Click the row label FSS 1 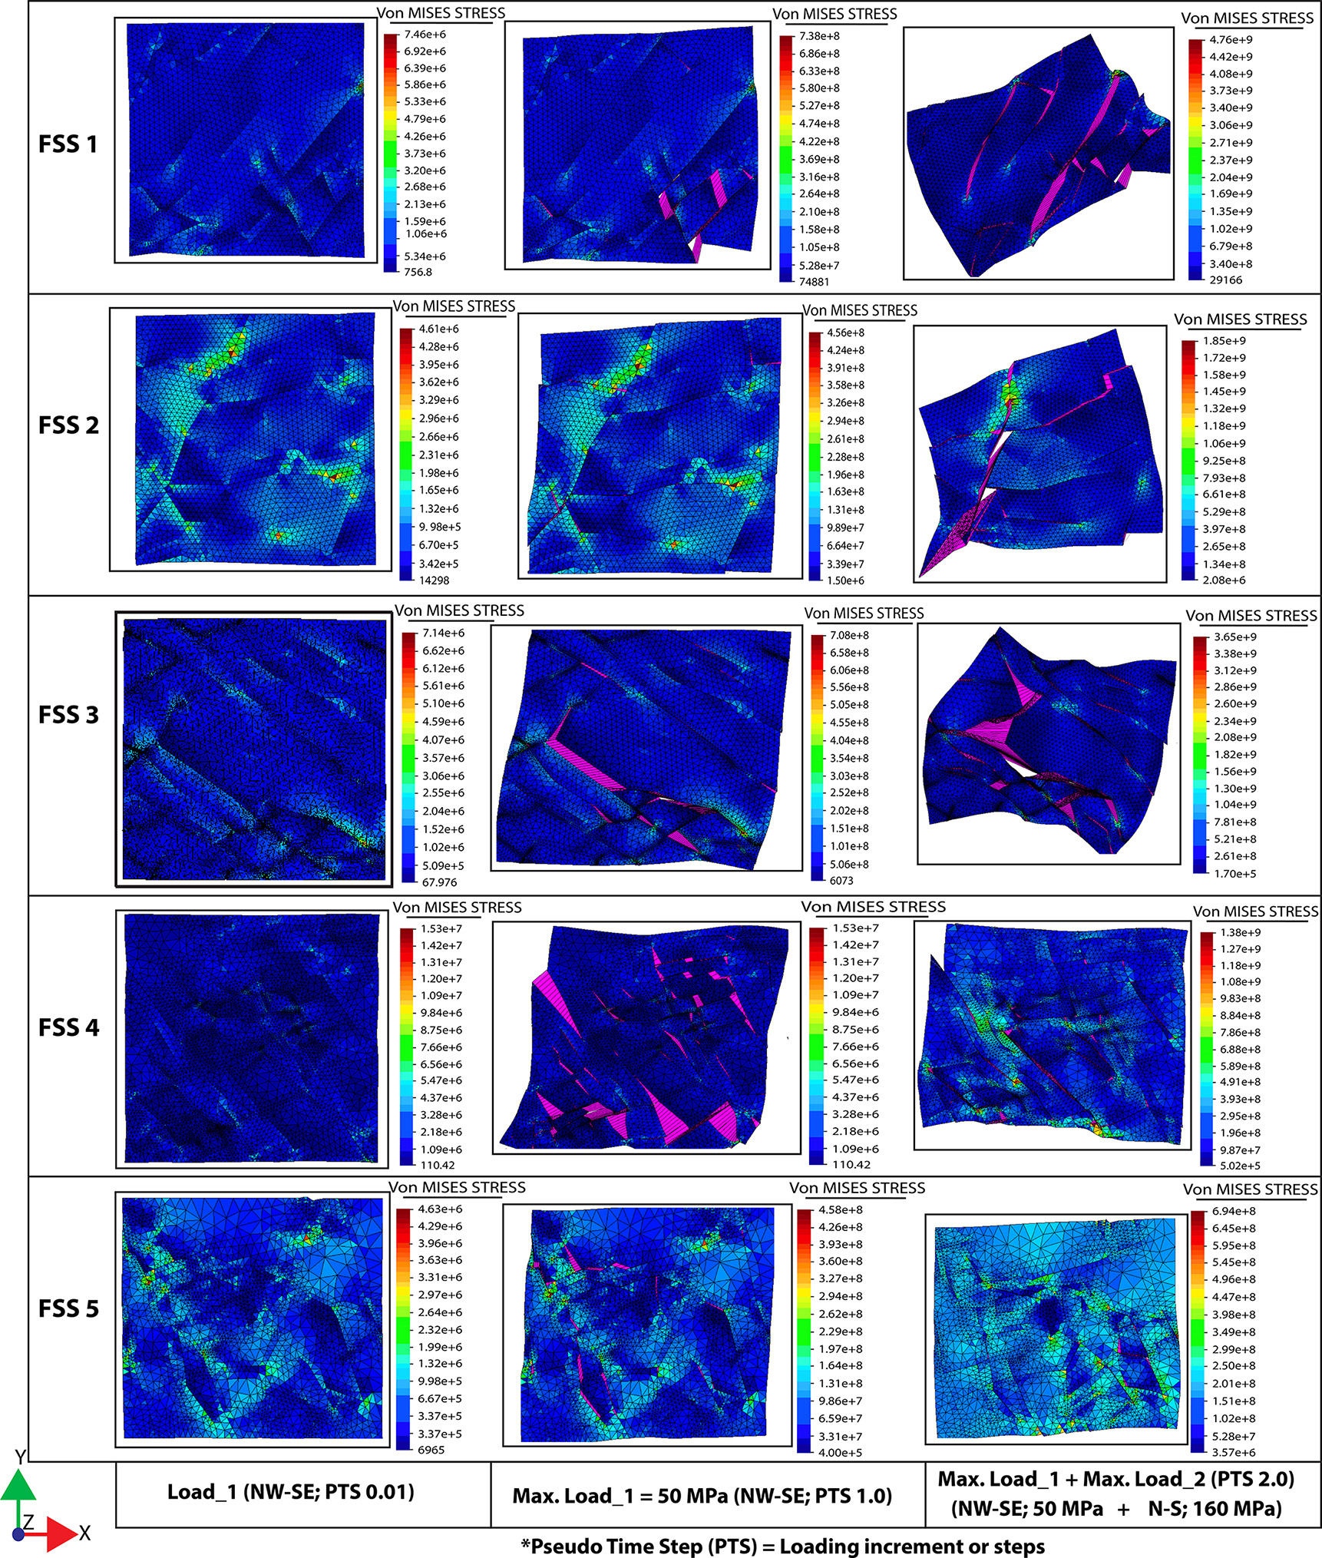pos(68,144)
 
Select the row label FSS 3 pos(68,715)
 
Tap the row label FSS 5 pos(68,1308)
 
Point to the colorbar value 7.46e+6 pos(425,35)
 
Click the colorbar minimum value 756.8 pos(418,272)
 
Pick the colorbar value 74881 pos(814,282)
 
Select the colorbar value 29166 pos(1225,280)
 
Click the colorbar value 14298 pos(434,581)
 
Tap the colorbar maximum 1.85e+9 pos(1224,341)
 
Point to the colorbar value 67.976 pos(439,882)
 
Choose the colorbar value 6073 pos(841,881)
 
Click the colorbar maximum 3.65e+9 pos(1235,637)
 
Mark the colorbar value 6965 pos(431,1450)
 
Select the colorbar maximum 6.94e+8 pos(1234,1211)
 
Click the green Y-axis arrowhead pos(18,1486)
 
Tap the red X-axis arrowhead pos(61,1533)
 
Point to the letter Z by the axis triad pos(28,1523)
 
